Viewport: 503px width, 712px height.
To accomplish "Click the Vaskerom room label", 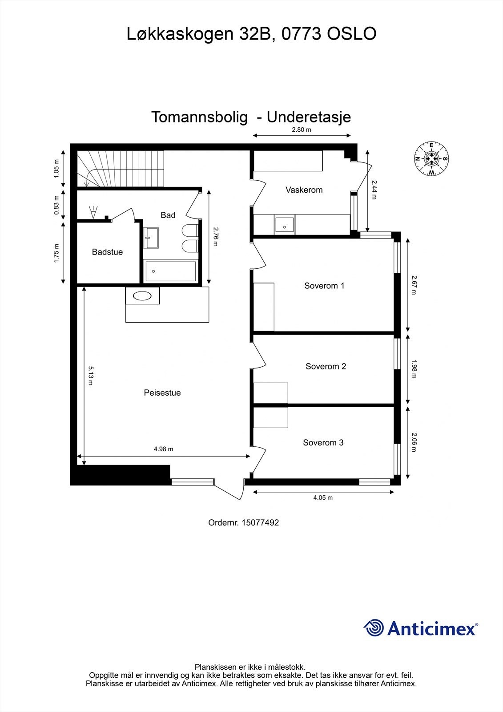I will [304, 190].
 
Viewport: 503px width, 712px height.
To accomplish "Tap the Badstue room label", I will [107, 252].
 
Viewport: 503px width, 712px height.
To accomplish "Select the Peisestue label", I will [162, 393].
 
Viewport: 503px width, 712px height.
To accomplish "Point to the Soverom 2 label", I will [326, 367].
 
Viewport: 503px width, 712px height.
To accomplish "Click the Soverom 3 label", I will [323, 443].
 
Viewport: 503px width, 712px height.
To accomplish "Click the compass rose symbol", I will [431, 158].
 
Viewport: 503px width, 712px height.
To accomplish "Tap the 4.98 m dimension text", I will [163, 449].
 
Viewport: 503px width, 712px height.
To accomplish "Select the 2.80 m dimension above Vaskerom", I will [301, 130].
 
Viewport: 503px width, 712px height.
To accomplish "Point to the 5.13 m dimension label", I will [91, 376].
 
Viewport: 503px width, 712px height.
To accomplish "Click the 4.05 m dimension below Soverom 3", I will [323, 498].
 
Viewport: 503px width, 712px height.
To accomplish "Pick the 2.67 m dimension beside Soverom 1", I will [414, 285].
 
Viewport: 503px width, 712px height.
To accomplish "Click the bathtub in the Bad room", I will [170, 271].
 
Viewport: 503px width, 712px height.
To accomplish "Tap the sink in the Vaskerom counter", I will [284, 225].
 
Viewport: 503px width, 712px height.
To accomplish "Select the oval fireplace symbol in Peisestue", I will [142, 295].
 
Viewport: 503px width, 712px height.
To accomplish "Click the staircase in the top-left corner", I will [120, 169].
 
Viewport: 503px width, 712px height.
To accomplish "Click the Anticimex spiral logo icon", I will [374, 628].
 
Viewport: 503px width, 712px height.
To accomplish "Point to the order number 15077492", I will [260, 523].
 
